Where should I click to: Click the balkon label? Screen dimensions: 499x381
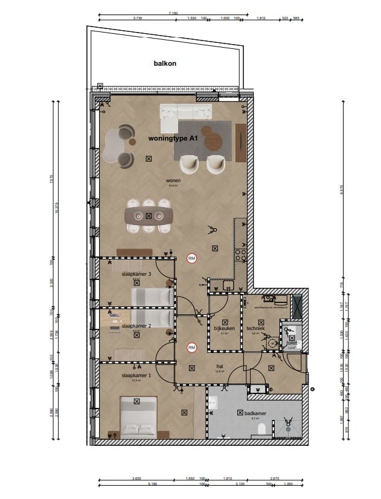click(165, 63)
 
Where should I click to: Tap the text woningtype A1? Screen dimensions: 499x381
click(173, 139)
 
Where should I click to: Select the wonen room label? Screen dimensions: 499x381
click(173, 180)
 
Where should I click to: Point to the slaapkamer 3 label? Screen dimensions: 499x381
click(136, 274)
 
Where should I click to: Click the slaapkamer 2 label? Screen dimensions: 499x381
click(136, 325)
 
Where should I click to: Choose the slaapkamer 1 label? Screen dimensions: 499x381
click(136, 375)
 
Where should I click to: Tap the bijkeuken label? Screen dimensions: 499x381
click(223, 328)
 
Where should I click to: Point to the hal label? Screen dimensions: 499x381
click(220, 366)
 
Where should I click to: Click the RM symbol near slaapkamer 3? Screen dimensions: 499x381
click(192, 259)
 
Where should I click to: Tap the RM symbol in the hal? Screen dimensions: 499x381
click(192, 348)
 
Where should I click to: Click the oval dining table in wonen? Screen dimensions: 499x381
click(148, 215)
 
